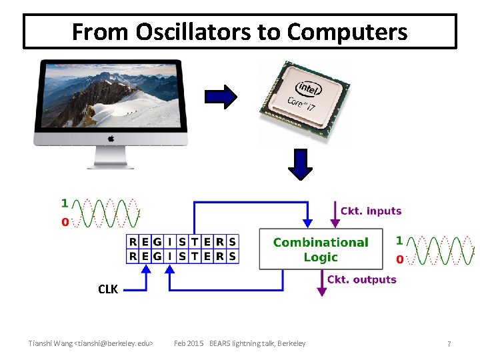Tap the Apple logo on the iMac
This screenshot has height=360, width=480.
111,139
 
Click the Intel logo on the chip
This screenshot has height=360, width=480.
308,88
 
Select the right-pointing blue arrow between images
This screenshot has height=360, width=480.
221,97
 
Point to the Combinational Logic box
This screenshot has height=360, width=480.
321,249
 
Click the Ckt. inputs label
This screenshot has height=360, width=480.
371,211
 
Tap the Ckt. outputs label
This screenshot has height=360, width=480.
362,279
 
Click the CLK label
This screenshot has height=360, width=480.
108,289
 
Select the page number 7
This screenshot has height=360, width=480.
449,343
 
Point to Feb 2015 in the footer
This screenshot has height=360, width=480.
189,343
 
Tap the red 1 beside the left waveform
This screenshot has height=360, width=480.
65,203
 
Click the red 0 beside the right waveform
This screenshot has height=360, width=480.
399,259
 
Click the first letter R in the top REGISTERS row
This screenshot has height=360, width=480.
133,241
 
